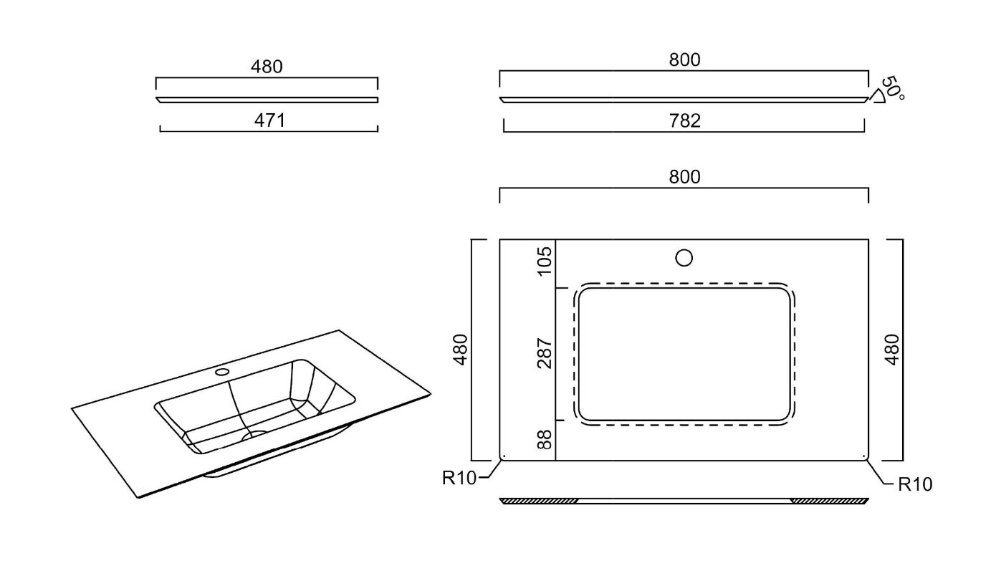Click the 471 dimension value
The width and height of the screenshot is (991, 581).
[x=269, y=120]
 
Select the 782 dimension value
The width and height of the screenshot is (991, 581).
[x=684, y=120]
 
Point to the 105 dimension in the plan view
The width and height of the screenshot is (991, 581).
[x=545, y=261]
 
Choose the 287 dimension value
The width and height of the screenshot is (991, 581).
[x=545, y=353]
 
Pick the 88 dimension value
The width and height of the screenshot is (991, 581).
[x=545, y=439]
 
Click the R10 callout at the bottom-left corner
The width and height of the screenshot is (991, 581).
[x=459, y=479]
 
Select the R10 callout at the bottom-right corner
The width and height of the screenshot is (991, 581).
[x=916, y=484]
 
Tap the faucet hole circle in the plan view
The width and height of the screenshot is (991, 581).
[x=684, y=257]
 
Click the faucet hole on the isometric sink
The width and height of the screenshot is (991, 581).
[x=222, y=372]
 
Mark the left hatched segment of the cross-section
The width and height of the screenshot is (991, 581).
[x=540, y=500]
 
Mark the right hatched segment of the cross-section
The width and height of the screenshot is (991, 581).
[x=830, y=500]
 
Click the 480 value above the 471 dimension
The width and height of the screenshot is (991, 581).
[x=267, y=67]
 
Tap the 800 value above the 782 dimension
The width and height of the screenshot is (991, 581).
[x=684, y=60]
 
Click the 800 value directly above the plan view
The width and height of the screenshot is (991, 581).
[x=684, y=176]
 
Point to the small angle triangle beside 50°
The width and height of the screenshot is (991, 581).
[x=876, y=97]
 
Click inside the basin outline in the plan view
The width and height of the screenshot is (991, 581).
[x=684, y=355]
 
